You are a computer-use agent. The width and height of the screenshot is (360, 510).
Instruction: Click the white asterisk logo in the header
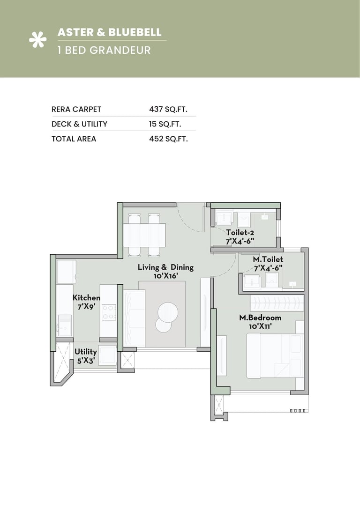(x=37, y=41)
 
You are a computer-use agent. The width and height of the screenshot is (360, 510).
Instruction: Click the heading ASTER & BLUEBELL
(x=109, y=32)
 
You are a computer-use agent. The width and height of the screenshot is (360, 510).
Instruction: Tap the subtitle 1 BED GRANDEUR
(x=104, y=50)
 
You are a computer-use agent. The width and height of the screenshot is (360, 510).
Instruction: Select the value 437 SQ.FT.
(x=168, y=109)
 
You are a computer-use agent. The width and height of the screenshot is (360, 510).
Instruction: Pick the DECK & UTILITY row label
(x=79, y=124)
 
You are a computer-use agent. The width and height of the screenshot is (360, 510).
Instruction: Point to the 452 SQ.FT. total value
(x=168, y=139)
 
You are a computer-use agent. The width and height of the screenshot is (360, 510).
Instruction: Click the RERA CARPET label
(x=76, y=109)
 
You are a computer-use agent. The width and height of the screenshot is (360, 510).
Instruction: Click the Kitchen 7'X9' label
(x=86, y=302)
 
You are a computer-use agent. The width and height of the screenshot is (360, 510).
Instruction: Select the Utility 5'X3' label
(x=86, y=355)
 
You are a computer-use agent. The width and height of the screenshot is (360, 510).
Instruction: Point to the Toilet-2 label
(x=240, y=237)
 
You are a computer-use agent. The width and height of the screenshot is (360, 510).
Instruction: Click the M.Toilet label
(x=268, y=264)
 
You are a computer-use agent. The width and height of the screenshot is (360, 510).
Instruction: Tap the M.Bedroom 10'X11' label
(x=260, y=322)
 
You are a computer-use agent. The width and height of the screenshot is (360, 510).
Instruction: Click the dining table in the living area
(x=144, y=235)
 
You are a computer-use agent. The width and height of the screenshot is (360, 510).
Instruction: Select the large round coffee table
(x=168, y=311)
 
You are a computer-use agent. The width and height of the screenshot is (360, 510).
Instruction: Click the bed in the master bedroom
(x=274, y=355)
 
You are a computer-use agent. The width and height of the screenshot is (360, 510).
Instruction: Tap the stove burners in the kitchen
(x=109, y=312)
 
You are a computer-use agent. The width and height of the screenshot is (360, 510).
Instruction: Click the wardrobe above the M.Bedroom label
(x=276, y=303)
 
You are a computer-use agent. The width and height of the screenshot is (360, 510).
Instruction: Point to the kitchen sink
(x=65, y=323)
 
